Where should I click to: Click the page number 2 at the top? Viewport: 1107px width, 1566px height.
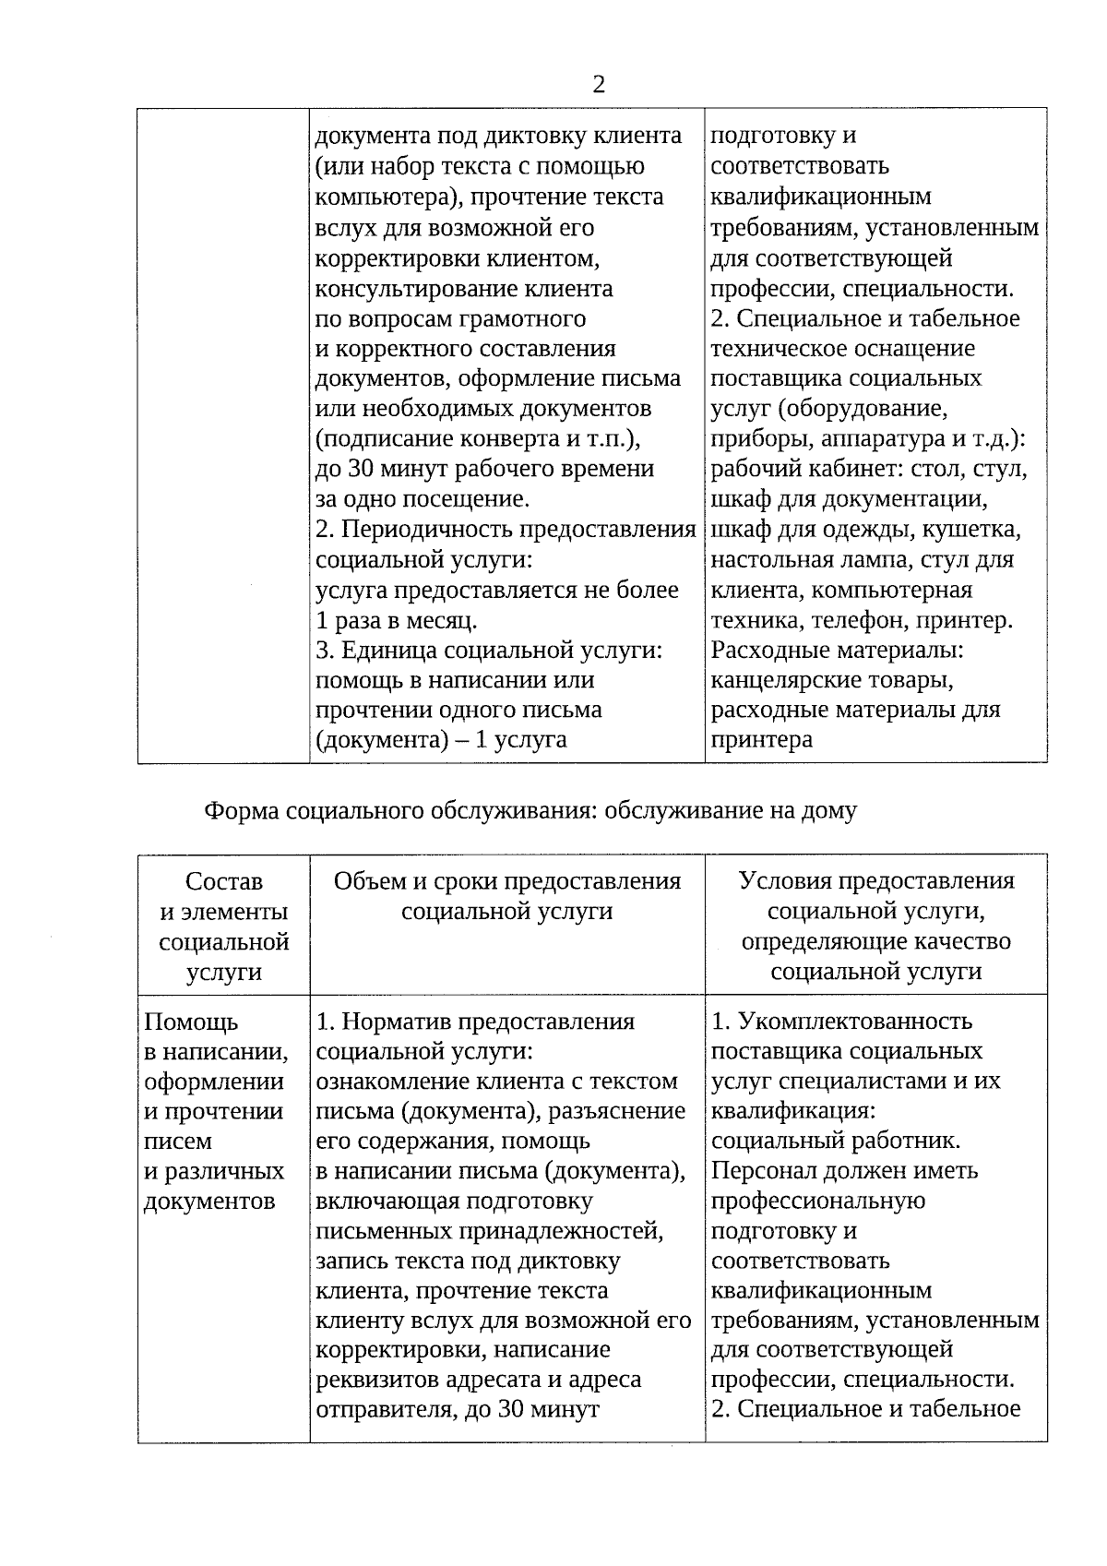click(x=599, y=85)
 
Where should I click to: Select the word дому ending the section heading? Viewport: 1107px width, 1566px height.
click(x=830, y=811)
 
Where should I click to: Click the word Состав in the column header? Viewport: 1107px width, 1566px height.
click(x=224, y=882)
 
